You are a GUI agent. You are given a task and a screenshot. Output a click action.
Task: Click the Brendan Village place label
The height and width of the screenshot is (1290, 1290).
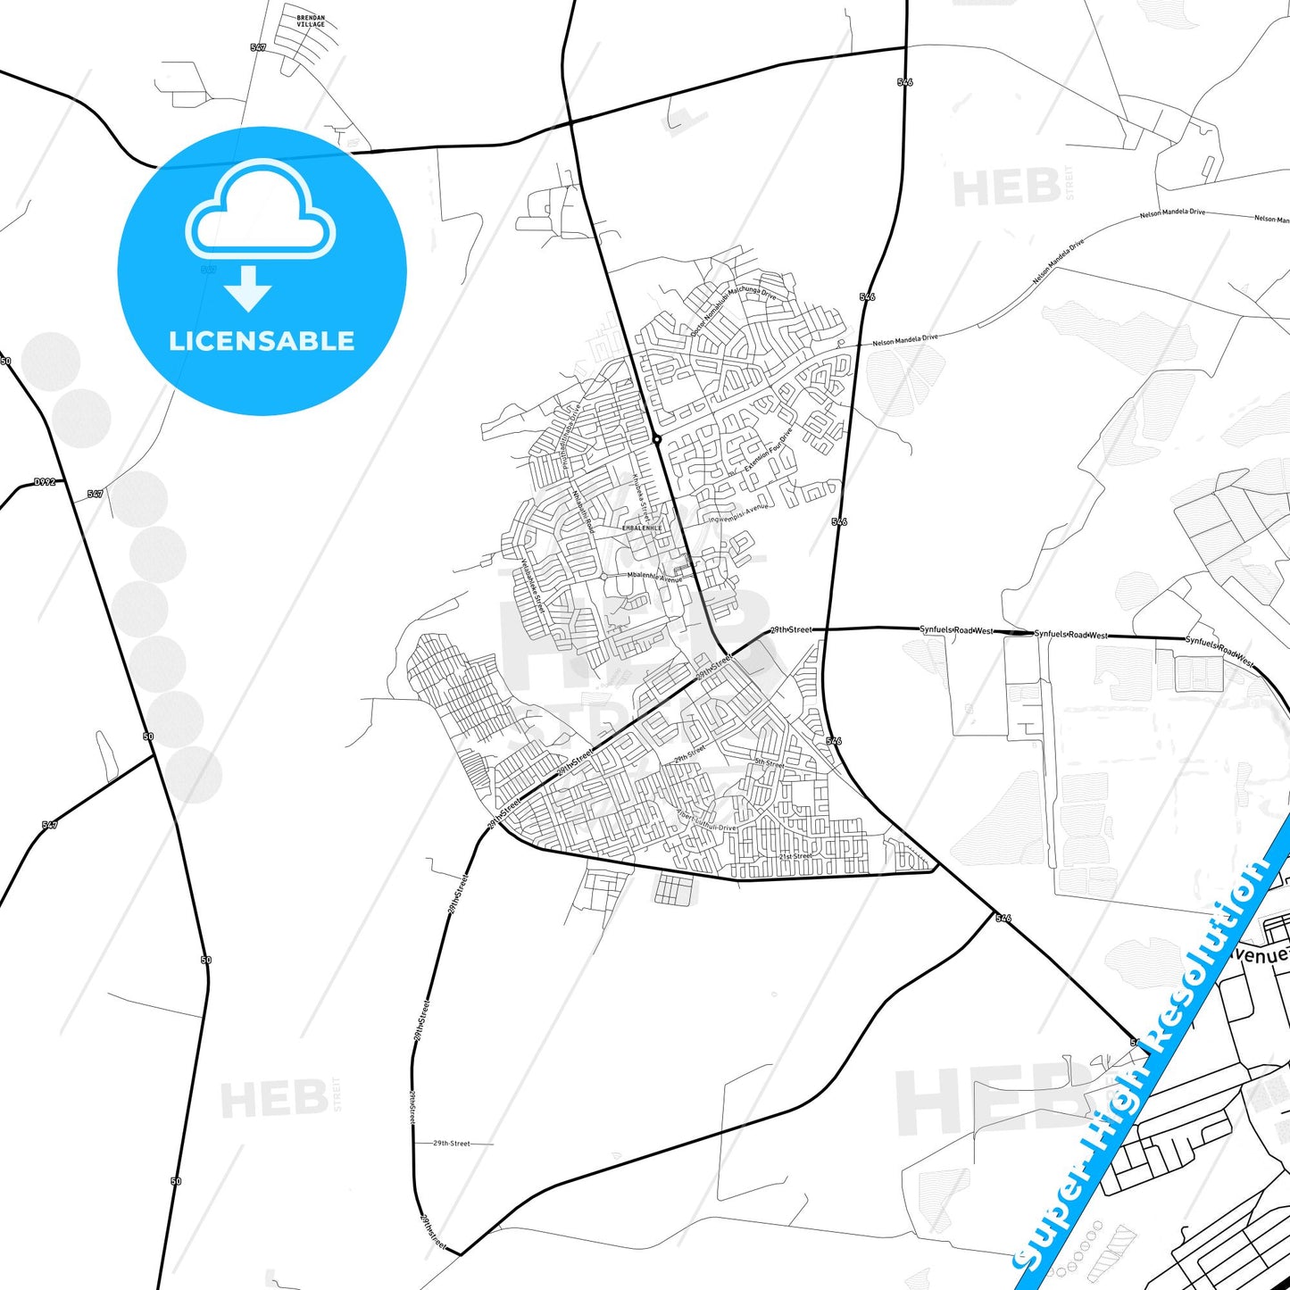coord(311,21)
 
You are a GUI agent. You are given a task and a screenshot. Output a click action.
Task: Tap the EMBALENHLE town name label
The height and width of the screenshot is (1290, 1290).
coord(642,528)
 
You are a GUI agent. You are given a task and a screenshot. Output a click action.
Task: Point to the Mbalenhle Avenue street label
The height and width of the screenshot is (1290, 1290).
coord(654,578)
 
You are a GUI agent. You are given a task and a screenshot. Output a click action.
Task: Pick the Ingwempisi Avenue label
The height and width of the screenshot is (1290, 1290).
coord(738,513)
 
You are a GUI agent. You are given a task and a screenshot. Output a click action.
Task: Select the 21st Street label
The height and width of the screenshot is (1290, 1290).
coord(795,856)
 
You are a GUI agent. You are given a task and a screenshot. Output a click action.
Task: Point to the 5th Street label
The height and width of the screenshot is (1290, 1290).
coord(769,763)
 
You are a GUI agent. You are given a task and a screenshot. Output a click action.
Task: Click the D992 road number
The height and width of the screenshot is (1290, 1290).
coord(45,482)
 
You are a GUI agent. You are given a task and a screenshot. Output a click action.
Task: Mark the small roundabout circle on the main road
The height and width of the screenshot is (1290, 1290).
coord(657,439)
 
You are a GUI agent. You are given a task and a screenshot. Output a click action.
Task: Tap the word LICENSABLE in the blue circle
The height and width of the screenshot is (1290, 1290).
coord(262,341)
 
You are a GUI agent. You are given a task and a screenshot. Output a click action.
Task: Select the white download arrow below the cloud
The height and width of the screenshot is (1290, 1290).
coord(248,287)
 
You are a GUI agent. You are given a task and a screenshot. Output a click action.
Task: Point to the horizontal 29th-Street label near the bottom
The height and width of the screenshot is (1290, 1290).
coord(451,1144)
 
